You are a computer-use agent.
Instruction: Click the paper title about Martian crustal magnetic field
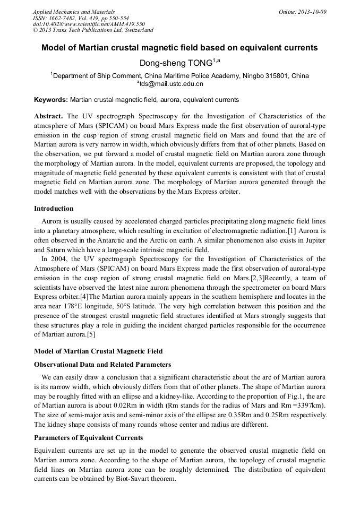coord(179,48)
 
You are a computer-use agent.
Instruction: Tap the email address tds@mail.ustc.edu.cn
coord(171,84)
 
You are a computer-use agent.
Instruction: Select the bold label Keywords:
coord(51,100)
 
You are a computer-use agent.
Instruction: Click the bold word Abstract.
coord(48,116)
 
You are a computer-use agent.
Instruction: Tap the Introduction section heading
coord(54,209)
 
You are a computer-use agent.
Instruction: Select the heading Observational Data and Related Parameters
coord(102,365)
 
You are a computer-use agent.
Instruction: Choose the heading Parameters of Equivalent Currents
coord(88,438)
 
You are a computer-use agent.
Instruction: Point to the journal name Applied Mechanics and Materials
coord(74,12)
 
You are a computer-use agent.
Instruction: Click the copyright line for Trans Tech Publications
coord(93,31)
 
